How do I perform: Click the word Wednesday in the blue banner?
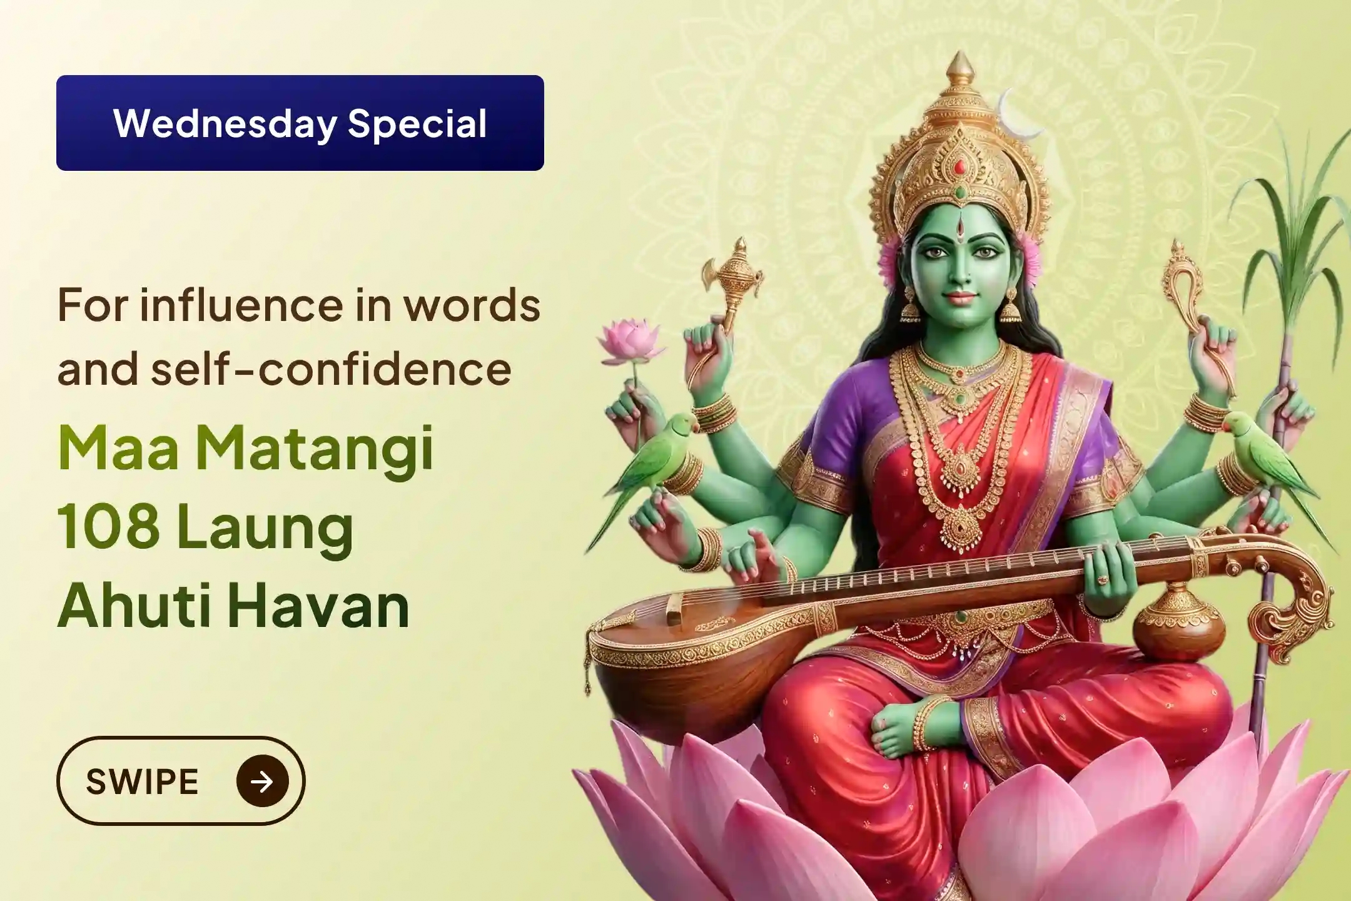[225, 124]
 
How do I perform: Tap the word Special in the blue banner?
[417, 124]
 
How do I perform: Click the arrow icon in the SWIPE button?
[263, 781]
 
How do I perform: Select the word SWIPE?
[143, 781]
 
